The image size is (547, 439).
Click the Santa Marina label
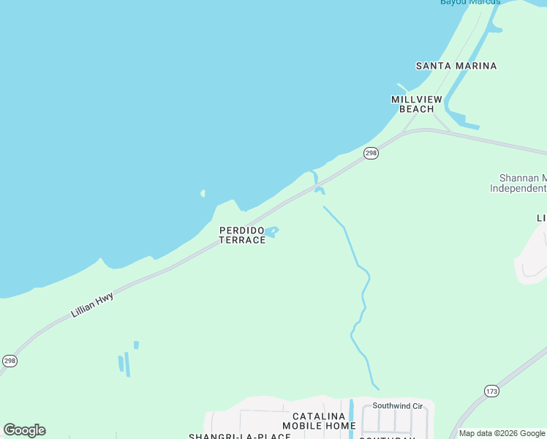coord(456,66)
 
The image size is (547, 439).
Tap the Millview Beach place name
coord(417,104)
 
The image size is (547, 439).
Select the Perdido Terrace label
coord(242,235)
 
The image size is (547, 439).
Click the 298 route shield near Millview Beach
coord(371,153)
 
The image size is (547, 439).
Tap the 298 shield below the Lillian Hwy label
coord(10,361)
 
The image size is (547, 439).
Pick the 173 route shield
coord(491,391)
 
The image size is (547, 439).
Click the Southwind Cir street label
coord(398,405)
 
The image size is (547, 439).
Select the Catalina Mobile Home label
coord(319,421)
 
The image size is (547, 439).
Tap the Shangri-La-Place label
coord(230,436)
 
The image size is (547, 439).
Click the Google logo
coord(24,429)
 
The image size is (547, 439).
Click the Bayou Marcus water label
coord(470,2)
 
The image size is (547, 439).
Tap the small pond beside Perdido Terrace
coord(271,232)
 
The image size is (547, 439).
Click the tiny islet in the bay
coord(203,194)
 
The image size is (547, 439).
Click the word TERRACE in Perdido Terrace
coord(242,240)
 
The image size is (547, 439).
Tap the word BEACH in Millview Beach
coord(417,109)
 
